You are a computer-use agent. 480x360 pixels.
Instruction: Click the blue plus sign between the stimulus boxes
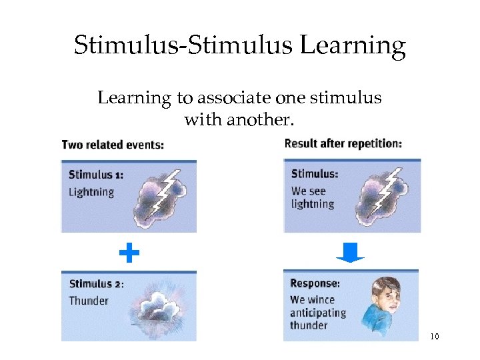(x=129, y=253)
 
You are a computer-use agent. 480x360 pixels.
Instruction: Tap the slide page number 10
(x=434, y=336)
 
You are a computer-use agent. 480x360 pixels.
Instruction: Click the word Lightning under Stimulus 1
(x=91, y=192)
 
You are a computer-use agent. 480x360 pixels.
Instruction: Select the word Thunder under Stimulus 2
(x=89, y=301)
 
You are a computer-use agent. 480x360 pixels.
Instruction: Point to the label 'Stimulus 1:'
(x=96, y=175)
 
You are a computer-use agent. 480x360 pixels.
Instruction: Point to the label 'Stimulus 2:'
(x=96, y=284)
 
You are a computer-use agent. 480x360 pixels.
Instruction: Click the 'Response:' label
(x=315, y=283)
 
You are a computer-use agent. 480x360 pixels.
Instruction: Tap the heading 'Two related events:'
(x=113, y=145)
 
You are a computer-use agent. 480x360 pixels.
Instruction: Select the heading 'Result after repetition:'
(x=343, y=144)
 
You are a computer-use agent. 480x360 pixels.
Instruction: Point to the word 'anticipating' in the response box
(x=317, y=313)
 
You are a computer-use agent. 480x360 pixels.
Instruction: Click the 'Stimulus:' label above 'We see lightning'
(x=315, y=175)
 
